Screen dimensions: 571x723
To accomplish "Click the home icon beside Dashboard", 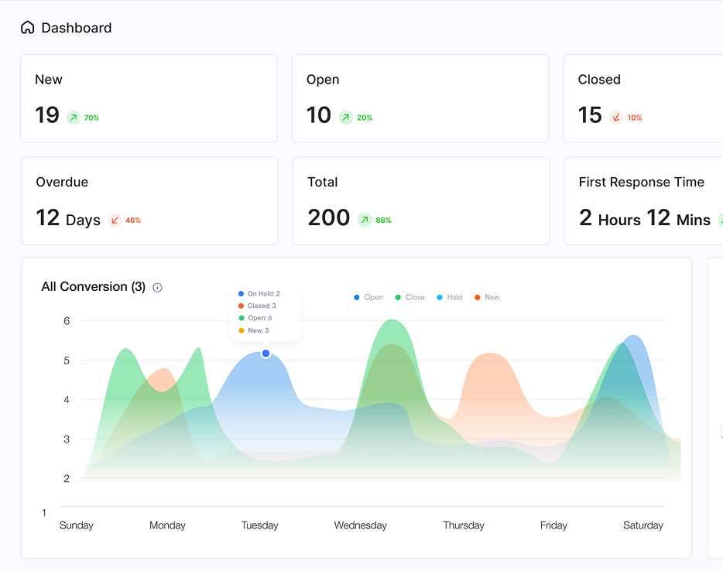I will pyautogui.click(x=28, y=28).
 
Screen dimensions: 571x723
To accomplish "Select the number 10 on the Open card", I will pyautogui.click(x=319, y=115).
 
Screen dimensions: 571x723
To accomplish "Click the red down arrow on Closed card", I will pyautogui.click(x=616, y=118).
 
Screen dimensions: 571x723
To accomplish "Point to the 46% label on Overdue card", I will pyautogui.click(x=133, y=221).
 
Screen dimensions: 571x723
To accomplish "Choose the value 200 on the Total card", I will pyautogui.click(x=329, y=218).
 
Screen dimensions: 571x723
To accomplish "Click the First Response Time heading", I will pyautogui.click(x=641, y=183).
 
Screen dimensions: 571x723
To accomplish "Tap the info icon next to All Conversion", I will pyautogui.click(x=157, y=288).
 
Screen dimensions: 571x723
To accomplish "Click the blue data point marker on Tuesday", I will pyautogui.click(x=266, y=354).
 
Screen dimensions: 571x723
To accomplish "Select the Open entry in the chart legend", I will pyautogui.click(x=368, y=297).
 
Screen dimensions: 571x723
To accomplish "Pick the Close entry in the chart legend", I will pyautogui.click(x=409, y=297).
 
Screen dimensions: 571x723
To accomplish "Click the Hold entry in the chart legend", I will pyautogui.click(x=450, y=297).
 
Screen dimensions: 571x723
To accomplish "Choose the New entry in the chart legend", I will pyautogui.click(x=487, y=297).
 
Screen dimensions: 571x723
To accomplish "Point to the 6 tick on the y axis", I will pyautogui.click(x=67, y=321).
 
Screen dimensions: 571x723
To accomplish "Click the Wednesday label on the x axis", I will pyautogui.click(x=360, y=525).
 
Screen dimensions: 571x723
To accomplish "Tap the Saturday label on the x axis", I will pyautogui.click(x=642, y=525).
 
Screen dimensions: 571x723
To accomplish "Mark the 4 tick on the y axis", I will pyautogui.click(x=67, y=400).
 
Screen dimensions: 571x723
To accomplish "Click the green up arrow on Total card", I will pyautogui.click(x=365, y=221).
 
